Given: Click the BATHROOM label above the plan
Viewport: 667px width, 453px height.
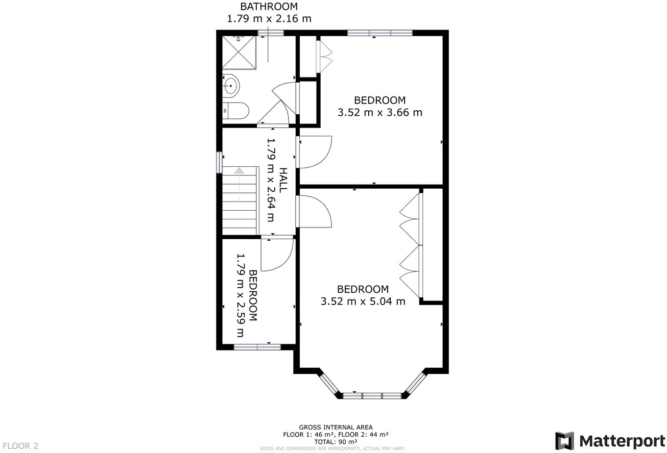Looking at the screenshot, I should point(269,7).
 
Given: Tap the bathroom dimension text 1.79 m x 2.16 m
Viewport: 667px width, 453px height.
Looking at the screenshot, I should point(269,19).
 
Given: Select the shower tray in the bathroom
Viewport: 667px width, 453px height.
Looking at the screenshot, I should point(237,53).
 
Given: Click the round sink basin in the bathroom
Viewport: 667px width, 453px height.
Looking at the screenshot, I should point(230,85).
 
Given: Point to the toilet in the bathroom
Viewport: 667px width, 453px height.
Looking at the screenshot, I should point(236,110).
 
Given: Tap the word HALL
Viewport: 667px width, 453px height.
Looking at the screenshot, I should point(283,180).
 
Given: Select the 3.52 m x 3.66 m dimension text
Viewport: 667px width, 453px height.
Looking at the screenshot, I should point(379,112).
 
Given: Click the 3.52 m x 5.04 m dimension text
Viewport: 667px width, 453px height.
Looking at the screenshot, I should point(363,301).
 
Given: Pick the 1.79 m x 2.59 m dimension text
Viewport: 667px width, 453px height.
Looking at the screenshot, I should point(241,296).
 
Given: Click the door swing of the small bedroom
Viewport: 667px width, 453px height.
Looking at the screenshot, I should point(277,255).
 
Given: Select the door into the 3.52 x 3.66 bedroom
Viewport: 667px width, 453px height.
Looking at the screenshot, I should point(315,152).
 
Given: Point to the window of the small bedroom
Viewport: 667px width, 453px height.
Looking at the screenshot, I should point(257,347).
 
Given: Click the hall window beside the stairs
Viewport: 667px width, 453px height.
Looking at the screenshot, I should point(219,163).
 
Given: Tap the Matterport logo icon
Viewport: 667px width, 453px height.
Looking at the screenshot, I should point(564,440).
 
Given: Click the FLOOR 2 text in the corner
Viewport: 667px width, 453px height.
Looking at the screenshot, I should point(20,445).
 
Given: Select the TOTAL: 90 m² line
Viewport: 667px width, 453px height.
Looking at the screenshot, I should point(336,441).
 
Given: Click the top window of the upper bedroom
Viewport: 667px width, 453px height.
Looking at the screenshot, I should point(379,33).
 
